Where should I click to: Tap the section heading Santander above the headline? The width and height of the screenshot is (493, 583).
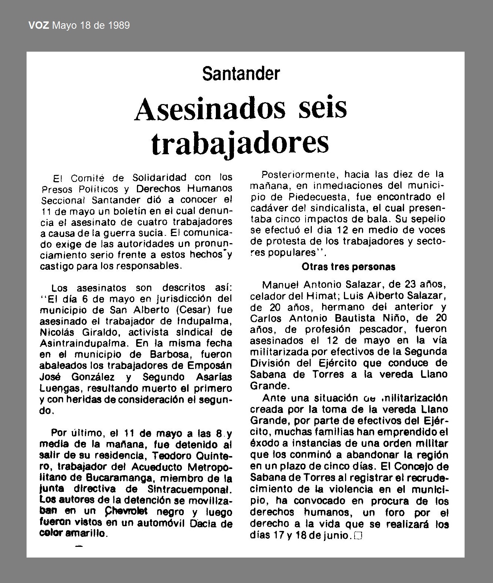[241, 74]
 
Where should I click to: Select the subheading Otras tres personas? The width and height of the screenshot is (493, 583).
[348, 266]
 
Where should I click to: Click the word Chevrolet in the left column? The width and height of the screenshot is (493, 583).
[126, 511]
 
